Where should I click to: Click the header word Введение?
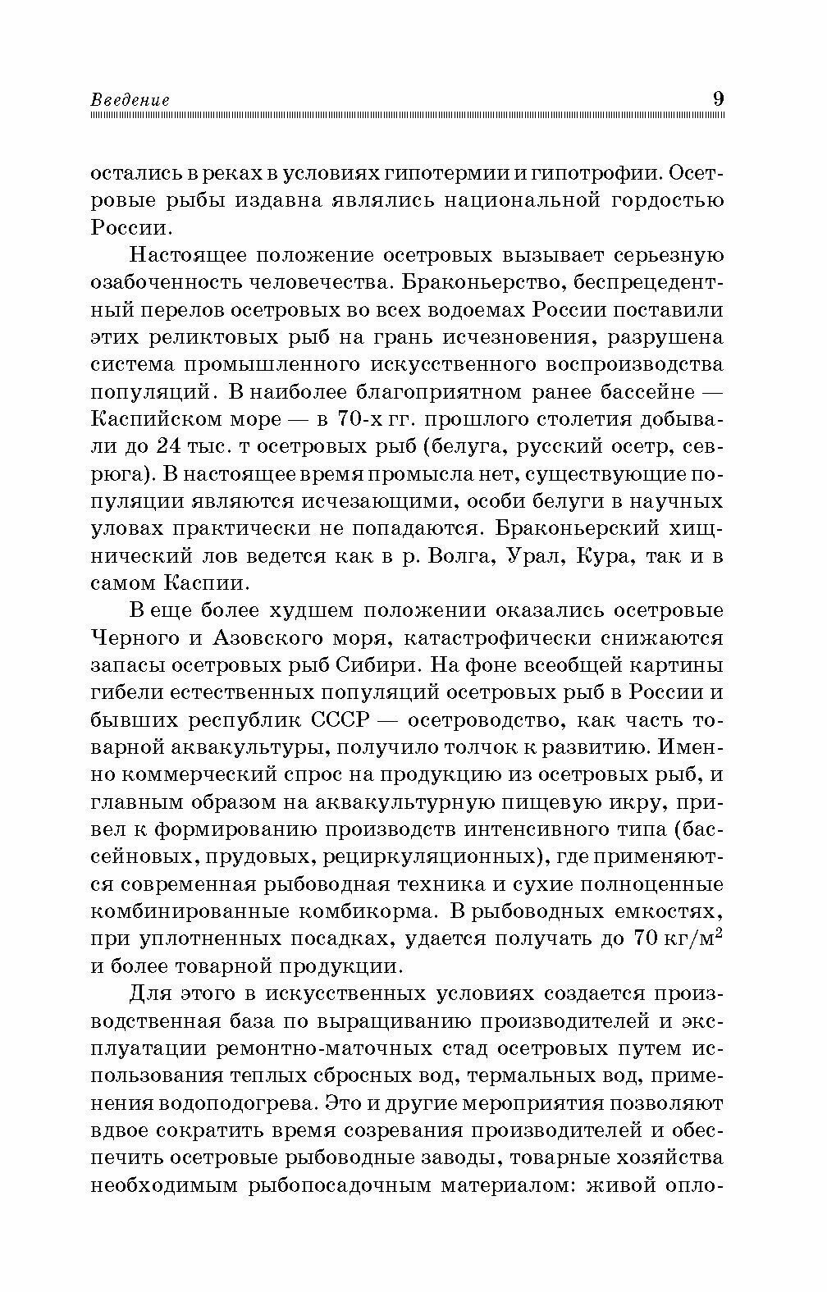pos(130,99)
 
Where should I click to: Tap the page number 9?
pos(718,98)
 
